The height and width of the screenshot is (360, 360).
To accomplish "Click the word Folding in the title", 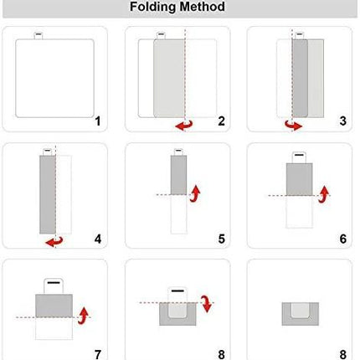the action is (x=153, y=7).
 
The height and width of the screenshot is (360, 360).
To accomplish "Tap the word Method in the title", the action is (x=202, y=6).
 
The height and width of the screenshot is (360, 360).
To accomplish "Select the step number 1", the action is (x=97, y=121).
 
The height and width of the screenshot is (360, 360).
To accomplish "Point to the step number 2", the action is (x=221, y=121).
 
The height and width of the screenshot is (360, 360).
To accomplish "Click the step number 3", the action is (x=343, y=121).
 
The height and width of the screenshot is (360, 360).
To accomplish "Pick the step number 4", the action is (x=98, y=239).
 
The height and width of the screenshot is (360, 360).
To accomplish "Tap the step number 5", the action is (x=221, y=239).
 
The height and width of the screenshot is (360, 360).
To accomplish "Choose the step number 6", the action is (x=343, y=239).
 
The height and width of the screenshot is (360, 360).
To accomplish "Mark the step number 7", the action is (x=98, y=355).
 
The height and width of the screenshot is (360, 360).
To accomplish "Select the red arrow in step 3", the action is (x=293, y=126).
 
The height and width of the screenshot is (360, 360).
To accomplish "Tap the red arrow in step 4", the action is (x=54, y=242).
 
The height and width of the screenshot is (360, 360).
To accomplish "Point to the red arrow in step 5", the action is (x=195, y=193).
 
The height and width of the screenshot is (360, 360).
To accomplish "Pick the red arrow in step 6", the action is (x=324, y=194).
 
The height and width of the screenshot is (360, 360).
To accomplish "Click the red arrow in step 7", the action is (x=83, y=316).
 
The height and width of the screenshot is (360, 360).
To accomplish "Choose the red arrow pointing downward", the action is (x=207, y=304).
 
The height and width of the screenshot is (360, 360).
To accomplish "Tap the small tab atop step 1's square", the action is (x=39, y=35).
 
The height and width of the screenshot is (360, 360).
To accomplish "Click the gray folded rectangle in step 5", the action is (x=178, y=175).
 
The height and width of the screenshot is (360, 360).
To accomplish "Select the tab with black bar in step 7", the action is (x=54, y=286).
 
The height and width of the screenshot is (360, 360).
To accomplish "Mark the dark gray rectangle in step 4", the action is (x=48, y=194).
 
